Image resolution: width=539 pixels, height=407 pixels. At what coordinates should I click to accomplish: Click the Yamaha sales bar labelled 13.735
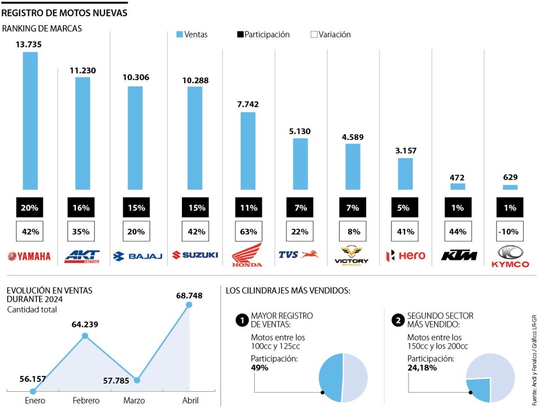[x=30, y=120]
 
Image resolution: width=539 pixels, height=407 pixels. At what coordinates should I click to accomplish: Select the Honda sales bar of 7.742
[x=248, y=150]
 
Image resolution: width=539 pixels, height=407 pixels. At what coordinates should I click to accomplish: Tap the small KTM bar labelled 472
[x=458, y=186]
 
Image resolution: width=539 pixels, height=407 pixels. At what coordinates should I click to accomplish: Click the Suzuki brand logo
[x=195, y=255]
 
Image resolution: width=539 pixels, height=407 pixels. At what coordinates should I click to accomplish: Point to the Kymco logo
[x=510, y=257]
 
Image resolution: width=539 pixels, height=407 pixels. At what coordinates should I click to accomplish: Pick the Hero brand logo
[x=405, y=256]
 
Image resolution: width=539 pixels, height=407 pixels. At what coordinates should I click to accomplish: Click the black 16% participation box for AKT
[x=81, y=207]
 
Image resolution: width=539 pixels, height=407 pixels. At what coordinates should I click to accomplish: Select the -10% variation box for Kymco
[x=510, y=231]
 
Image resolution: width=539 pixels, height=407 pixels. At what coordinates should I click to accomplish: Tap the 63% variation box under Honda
[x=248, y=231]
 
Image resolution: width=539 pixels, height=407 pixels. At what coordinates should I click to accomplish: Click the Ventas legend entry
[x=192, y=34]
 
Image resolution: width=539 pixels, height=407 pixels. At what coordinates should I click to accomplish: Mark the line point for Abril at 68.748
[x=189, y=305]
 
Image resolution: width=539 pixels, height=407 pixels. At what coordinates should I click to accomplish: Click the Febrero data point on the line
[x=85, y=336]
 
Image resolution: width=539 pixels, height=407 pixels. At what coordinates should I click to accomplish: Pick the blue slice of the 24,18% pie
[x=479, y=389]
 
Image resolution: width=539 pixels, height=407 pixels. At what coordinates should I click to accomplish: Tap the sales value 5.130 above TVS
[x=300, y=131]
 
